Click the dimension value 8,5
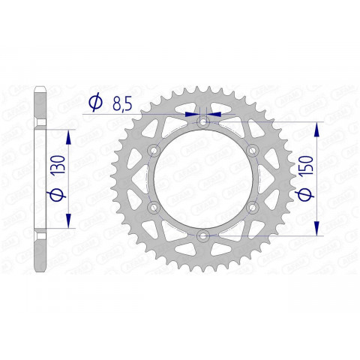[119, 104]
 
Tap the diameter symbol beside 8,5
[94, 104]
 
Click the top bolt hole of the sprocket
[203, 122]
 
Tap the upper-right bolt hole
[252, 150]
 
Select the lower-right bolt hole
[252, 207]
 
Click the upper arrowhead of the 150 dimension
[317, 130]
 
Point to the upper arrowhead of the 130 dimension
[70, 136]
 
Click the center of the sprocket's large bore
[203, 178]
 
